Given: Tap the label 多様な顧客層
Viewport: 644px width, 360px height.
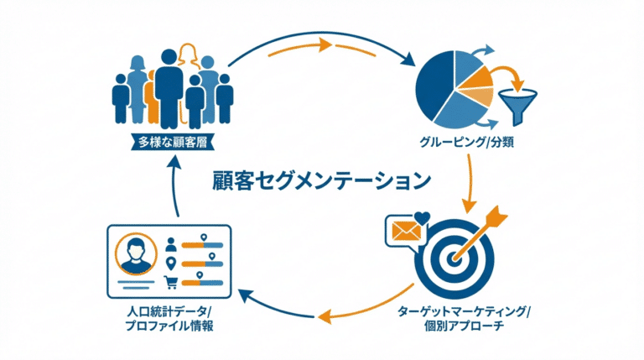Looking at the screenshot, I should (172, 141).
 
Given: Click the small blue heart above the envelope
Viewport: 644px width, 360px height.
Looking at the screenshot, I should (422, 217).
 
